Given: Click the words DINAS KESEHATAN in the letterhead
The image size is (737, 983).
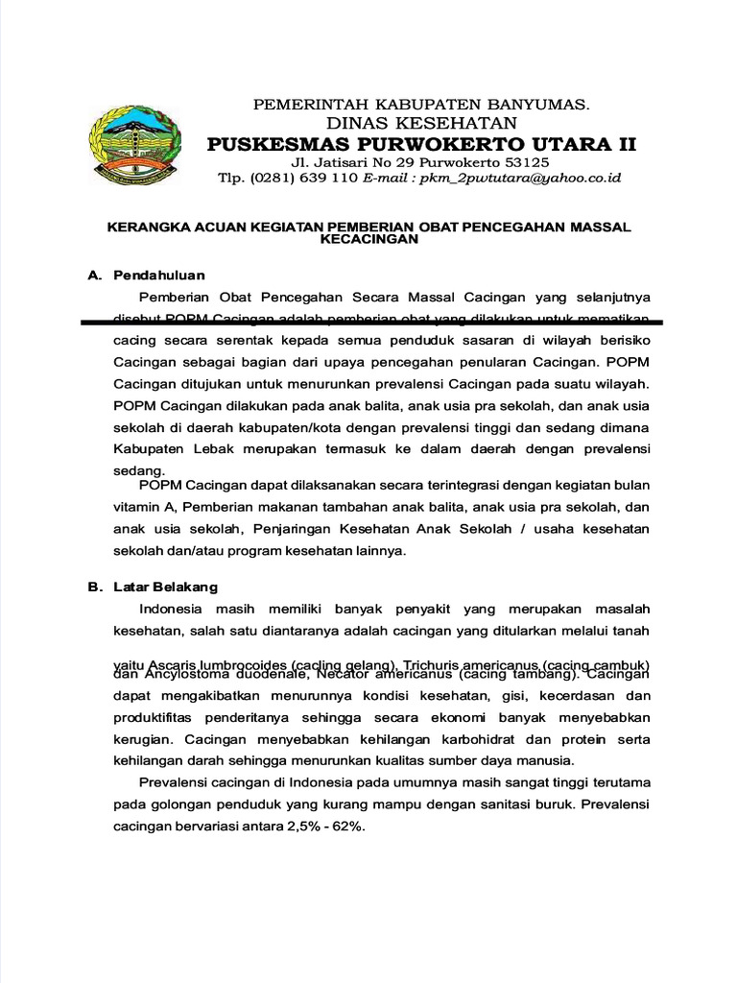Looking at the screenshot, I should pyautogui.click(x=422, y=123).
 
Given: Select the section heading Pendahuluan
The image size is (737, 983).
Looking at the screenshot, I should pyautogui.click(x=159, y=276).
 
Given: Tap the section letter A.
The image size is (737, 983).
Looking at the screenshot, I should pyautogui.click(x=93, y=276).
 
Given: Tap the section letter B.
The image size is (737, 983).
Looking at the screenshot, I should pyautogui.click(x=93, y=586).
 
